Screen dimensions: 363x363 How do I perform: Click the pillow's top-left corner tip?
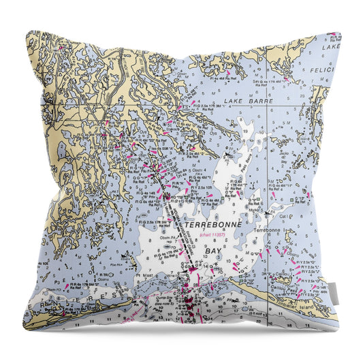click(27, 31)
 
